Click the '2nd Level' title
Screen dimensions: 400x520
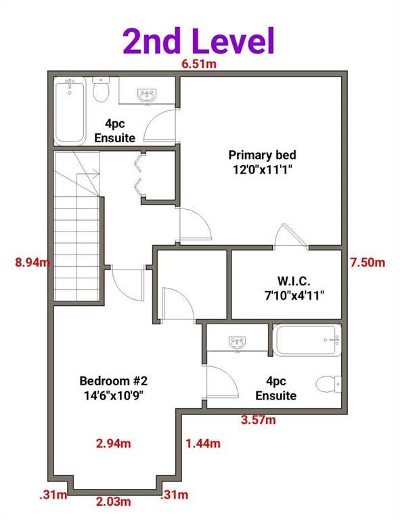pos(199,41)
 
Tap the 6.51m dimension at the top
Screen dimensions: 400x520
pos(199,64)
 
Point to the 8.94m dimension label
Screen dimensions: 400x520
pos(32,263)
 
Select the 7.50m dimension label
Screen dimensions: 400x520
pos(368,263)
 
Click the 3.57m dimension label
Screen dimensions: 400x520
pos(258,420)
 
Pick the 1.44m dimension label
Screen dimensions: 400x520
pos(203,443)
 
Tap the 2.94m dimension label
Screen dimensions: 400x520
pos(113,443)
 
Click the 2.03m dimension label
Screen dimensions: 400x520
pos(113,502)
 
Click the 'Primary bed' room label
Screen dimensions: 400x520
pos(262,155)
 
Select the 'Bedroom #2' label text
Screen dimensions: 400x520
pos(113,381)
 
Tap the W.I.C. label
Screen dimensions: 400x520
pos(294,281)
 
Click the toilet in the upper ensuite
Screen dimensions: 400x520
pos(101,90)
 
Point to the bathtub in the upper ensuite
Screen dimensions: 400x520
pos(70,111)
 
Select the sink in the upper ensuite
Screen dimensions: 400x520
pos(147,96)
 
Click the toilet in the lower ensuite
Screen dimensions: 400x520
pos(328,384)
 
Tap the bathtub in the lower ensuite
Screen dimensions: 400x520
pos(307,341)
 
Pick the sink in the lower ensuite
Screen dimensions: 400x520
pos(238,342)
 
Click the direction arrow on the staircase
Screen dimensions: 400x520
pos(88,173)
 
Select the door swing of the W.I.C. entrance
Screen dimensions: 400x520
pos(290,236)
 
